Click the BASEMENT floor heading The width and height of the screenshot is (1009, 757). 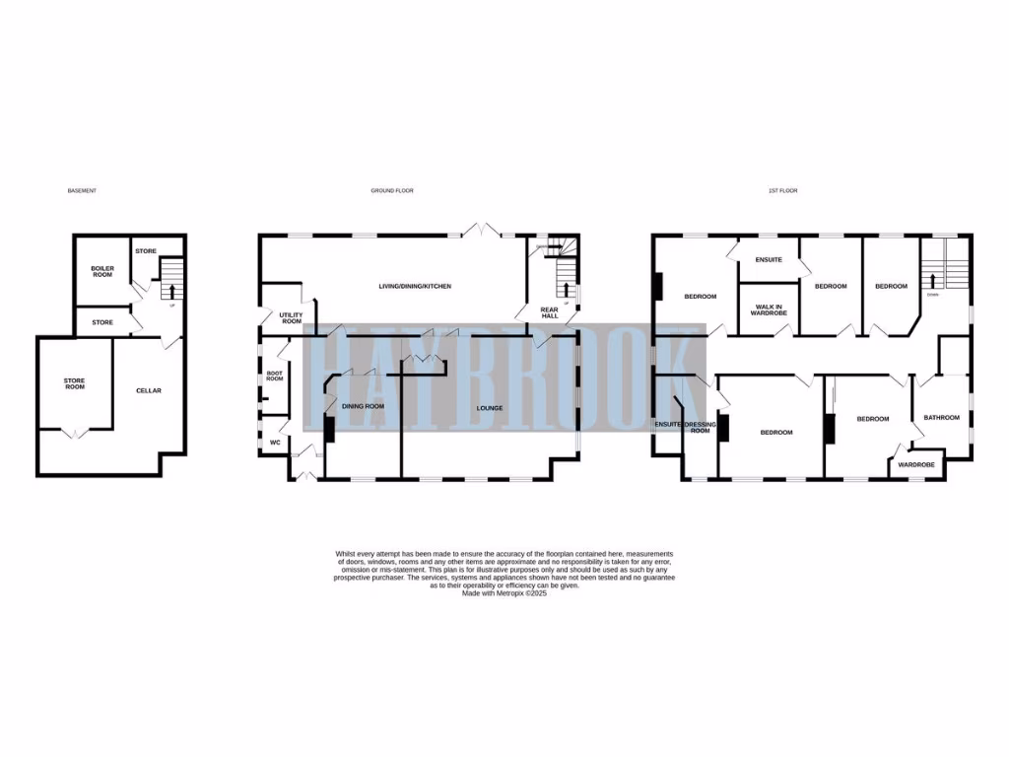coord(82,190)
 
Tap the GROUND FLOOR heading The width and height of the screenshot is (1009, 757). coord(392,190)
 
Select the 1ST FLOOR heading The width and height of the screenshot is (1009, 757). coord(782,190)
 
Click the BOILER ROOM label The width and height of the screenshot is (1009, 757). coord(102,270)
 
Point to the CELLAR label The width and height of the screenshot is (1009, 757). coord(148,390)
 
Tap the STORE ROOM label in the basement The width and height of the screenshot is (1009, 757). coord(75,382)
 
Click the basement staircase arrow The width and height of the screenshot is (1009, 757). coord(172,291)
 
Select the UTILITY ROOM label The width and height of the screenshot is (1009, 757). coord(291,317)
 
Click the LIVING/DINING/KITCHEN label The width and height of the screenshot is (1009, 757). coord(415,286)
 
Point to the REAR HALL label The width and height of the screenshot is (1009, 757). coord(550,313)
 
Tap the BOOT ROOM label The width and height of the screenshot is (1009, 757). coord(275,376)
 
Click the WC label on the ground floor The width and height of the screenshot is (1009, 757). coord(275,443)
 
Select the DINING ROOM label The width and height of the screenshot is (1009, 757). coord(363,406)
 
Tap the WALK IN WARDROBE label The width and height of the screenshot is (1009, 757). coord(770,310)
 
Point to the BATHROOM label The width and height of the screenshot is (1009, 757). coord(941,418)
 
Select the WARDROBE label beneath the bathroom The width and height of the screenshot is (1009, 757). coord(915,464)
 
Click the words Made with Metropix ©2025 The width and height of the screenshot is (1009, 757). coord(504,593)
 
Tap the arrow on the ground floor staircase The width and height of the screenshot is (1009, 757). coord(566,289)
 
